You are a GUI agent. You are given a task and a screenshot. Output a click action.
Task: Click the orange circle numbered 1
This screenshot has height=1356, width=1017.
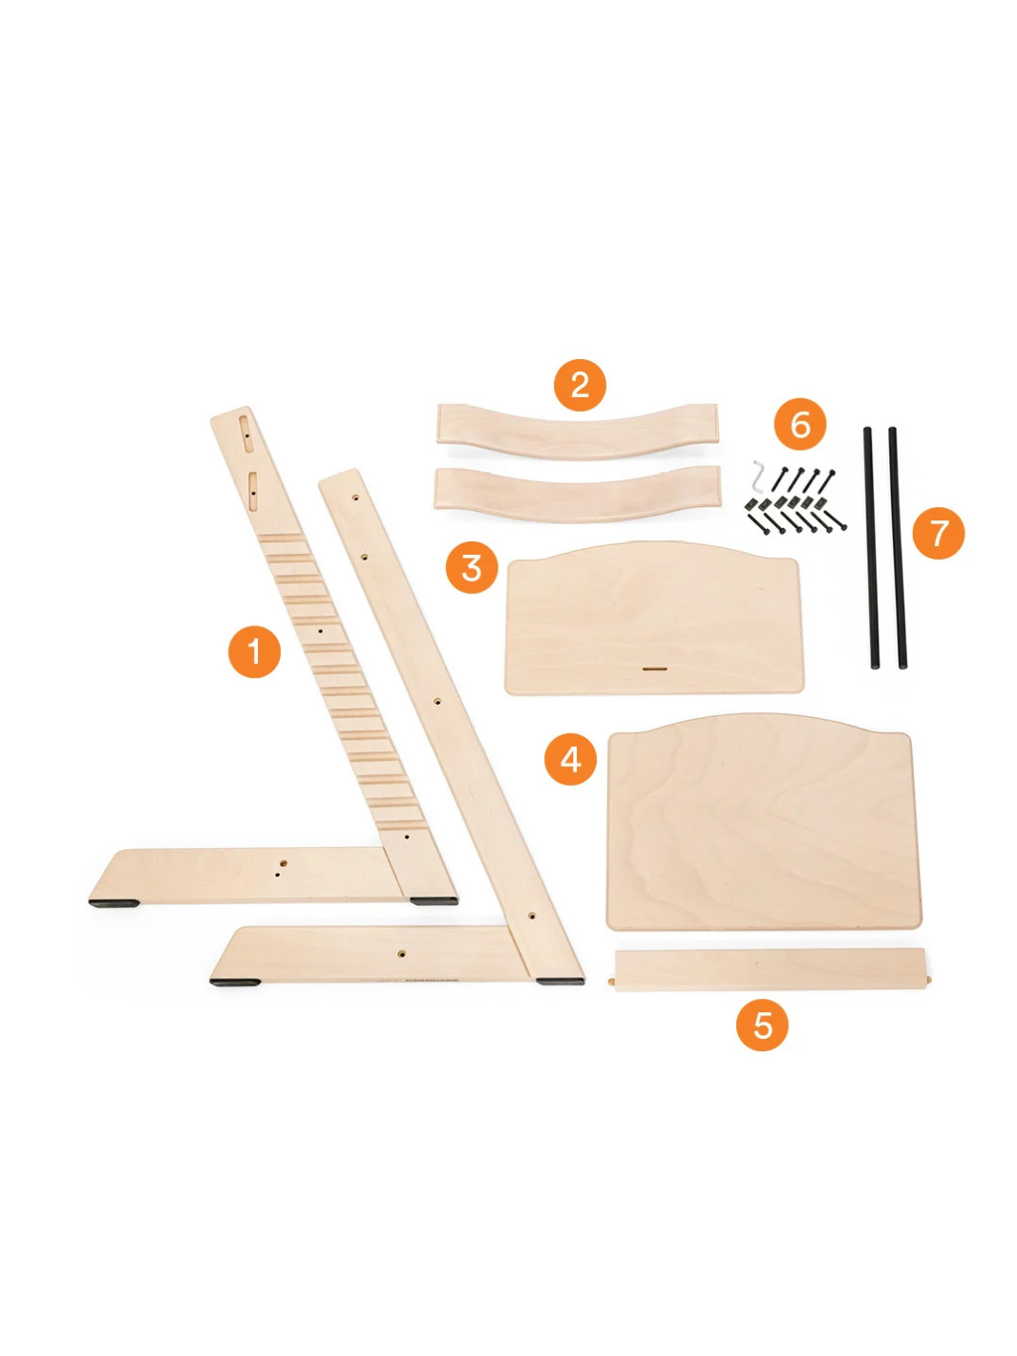point(254,651)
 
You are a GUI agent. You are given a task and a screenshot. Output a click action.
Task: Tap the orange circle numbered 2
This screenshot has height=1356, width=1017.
point(580,385)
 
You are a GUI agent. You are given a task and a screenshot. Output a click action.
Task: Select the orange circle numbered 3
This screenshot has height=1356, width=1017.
point(472,567)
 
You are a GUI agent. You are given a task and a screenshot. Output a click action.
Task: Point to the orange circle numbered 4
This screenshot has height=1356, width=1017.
point(570,759)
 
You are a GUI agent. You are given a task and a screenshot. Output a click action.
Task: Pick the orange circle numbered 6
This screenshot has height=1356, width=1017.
point(799,424)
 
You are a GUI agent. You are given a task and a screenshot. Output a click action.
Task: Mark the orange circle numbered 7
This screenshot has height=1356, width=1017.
point(938,533)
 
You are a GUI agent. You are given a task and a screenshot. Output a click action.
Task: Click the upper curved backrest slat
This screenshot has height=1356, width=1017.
point(577,432)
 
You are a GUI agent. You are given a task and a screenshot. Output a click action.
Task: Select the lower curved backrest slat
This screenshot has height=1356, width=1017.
point(577,493)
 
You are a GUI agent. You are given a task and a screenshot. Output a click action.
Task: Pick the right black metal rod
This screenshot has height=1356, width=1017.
point(898,547)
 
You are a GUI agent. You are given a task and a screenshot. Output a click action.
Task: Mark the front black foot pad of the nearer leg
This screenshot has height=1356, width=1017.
point(234,982)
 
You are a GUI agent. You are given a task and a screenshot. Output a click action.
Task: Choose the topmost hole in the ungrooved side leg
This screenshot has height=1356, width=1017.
point(356,496)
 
